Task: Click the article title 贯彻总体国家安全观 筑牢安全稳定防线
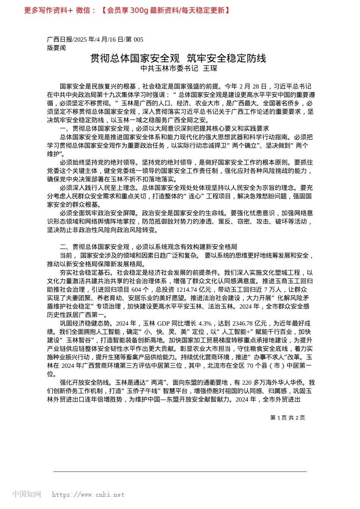pyautogui.click(x=178, y=58)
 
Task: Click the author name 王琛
pyautogui.click(x=210, y=69)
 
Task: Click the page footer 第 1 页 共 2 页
pyautogui.click(x=287, y=418)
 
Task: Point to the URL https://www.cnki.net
pyautogui.click(x=88, y=495)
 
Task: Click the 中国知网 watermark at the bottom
pyautogui.click(x=27, y=494)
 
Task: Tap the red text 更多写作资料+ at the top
pyautogui.click(x=48, y=10)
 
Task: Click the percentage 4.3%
pyautogui.click(x=205, y=323)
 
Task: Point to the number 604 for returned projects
pyautogui.click(x=136, y=290)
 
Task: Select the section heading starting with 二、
pyautogui.click(x=149, y=247)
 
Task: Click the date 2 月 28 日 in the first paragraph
pyautogui.click(x=253, y=87)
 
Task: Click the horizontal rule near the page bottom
pyautogui.click(x=180, y=472)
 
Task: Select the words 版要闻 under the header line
pyautogui.click(x=56, y=48)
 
